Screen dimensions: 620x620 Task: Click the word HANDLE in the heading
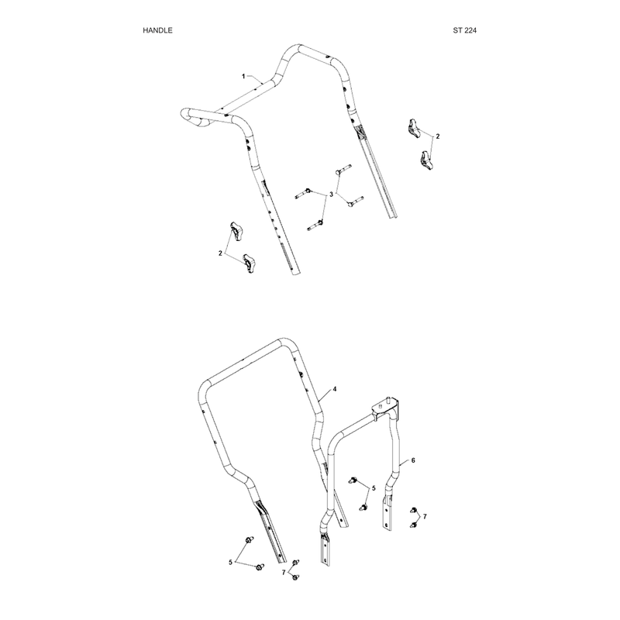click(x=157, y=30)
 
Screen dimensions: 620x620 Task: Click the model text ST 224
click(x=464, y=30)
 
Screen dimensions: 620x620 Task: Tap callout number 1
click(x=243, y=76)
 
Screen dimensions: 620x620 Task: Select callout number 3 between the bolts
click(x=332, y=195)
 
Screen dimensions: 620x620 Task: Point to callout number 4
click(x=335, y=389)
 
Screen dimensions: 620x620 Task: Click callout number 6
click(x=413, y=460)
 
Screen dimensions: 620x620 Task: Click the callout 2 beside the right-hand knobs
click(x=437, y=136)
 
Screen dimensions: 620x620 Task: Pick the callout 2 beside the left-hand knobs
click(x=220, y=253)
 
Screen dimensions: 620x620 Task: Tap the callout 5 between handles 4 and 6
click(x=374, y=488)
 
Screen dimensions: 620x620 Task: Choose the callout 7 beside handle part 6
click(x=425, y=516)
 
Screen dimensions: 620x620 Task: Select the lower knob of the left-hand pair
click(x=249, y=263)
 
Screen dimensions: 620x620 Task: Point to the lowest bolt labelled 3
click(x=315, y=226)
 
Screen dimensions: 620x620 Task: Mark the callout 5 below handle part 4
click(x=230, y=562)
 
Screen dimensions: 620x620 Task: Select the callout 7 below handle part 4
click(x=284, y=572)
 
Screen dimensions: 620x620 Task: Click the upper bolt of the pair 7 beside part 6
click(x=414, y=510)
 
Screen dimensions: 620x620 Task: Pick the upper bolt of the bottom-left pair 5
click(x=250, y=539)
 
